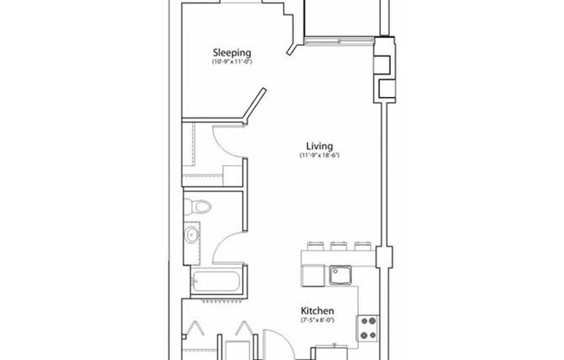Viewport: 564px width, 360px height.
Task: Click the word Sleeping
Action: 232,52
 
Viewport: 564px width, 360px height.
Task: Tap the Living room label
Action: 318,145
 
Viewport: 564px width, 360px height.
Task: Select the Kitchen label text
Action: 317,311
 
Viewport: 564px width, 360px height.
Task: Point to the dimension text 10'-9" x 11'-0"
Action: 232,62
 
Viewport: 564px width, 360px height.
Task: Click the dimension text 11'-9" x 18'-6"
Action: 318,156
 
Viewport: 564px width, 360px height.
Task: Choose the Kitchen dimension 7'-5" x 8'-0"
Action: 317,320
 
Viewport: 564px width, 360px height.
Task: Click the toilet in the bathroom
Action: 199,208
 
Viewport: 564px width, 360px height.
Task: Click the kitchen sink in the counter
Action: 341,275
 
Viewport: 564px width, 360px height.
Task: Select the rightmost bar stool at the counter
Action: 362,246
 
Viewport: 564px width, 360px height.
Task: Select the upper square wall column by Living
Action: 381,61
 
